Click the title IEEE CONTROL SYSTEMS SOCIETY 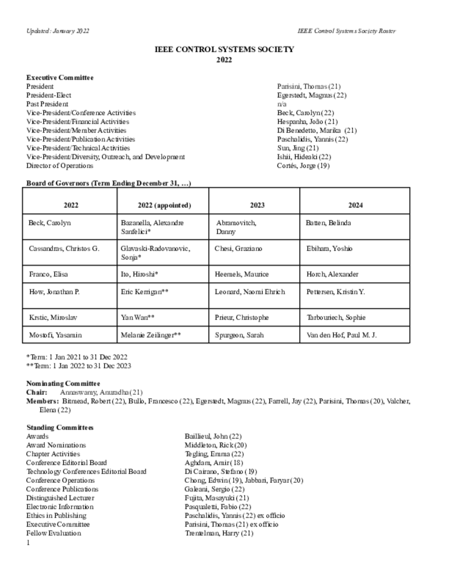coord(224,49)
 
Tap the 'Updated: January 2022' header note coord(57,31)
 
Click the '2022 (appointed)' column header coord(164,205)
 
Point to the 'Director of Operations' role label coord(60,166)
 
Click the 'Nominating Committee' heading coord(63,384)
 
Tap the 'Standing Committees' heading coord(60,427)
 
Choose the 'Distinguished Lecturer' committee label coord(60,498)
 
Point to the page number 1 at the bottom coord(28,543)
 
